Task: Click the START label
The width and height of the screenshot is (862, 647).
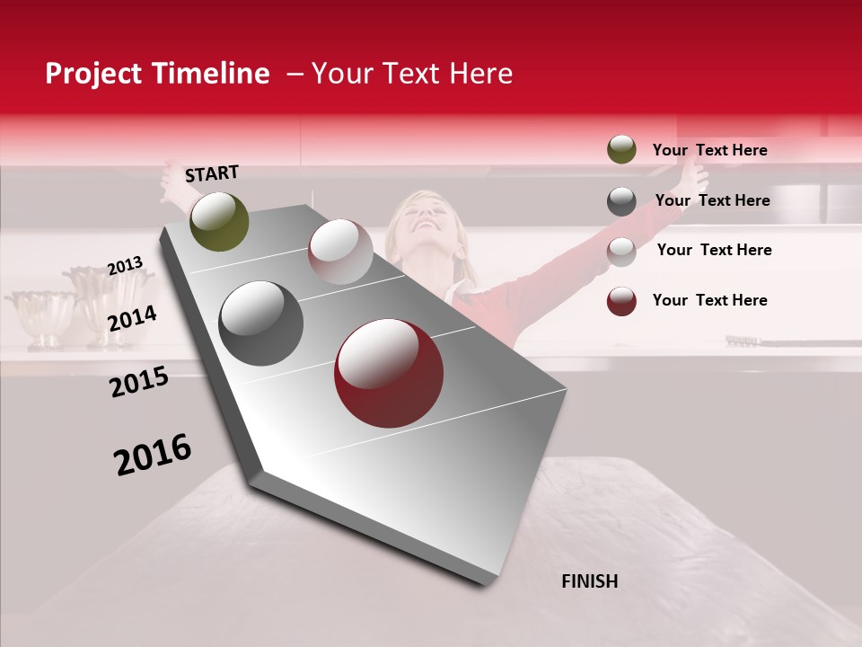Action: coord(212,173)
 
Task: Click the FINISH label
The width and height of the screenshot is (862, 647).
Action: coord(589,581)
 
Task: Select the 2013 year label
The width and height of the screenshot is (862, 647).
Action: coord(125,266)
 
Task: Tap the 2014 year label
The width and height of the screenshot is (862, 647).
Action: coord(133,318)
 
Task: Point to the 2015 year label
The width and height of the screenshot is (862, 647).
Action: coord(139,382)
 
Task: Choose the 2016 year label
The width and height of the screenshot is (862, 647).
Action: coord(153,455)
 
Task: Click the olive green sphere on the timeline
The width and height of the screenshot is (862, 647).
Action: coord(219,222)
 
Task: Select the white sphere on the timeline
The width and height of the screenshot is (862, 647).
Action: coord(340,252)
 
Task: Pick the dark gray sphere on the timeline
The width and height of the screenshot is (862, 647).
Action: coord(261,323)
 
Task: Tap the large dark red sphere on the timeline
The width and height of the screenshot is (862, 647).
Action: coord(389,373)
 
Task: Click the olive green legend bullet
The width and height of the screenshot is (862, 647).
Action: coord(621,150)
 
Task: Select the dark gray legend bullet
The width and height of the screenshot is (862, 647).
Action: coord(621,200)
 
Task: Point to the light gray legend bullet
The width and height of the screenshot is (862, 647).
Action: coord(621,251)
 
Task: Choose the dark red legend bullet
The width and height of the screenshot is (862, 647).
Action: coord(621,301)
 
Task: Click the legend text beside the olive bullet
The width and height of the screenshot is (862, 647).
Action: coord(709,150)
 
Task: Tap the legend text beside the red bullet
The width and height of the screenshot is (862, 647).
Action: coord(709,300)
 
